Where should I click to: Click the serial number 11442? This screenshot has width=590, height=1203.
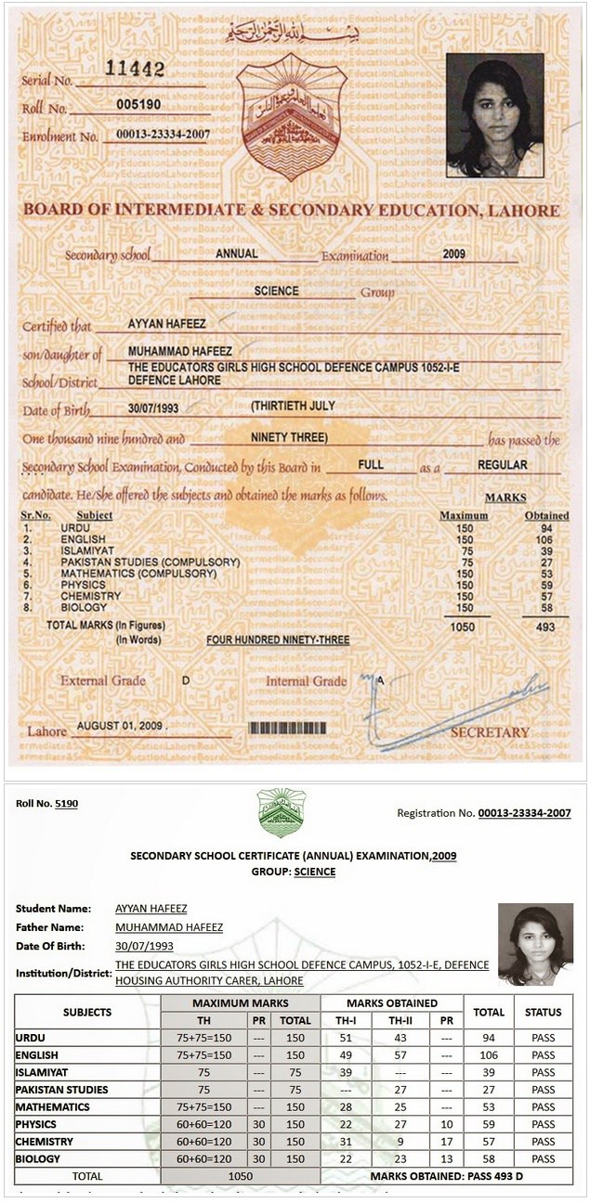tap(135, 70)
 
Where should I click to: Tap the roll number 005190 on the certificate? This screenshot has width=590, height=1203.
tap(140, 106)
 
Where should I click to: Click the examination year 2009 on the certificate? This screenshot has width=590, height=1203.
tap(453, 253)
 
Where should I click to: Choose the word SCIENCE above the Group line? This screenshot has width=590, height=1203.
tap(277, 291)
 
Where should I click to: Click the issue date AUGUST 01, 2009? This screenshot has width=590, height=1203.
tap(120, 725)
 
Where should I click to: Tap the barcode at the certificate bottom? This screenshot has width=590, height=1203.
tap(292, 728)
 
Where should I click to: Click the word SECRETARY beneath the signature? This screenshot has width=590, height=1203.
tap(490, 732)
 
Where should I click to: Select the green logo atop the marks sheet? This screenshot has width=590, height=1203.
tap(282, 813)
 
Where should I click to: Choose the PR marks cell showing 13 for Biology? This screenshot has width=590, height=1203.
tap(446, 1159)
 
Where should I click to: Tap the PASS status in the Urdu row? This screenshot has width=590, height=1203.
tap(543, 1038)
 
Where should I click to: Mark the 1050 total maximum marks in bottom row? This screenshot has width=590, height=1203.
tap(241, 1177)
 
